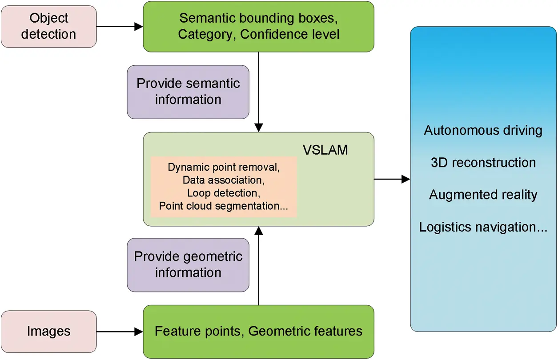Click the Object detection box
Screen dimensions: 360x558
pyautogui.click(x=48, y=26)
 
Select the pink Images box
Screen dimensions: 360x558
pyautogui.click(x=48, y=331)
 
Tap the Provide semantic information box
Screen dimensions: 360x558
pyautogui.click(x=188, y=92)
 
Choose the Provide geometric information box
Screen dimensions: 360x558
pyautogui.click(x=188, y=264)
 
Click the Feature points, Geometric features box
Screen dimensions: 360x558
pyautogui.click(x=258, y=331)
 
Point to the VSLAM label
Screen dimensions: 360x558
pyautogui.click(x=325, y=150)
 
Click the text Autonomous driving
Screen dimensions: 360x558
pyautogui.click(x=483, y=131)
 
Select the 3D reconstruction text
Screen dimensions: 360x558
pyautogui.click(x=483, y=163)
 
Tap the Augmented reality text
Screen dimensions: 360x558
pyautogui.click(x=483, y=195)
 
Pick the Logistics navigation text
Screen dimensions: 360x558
pyautogui.click(x=483, y=227)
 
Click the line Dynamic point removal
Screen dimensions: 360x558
pyautogui.click(x=224, y=168)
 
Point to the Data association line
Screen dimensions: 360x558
pyautogui.click(x=224, y=180)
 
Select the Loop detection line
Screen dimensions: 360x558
pyautogui.click(x=224, y=193)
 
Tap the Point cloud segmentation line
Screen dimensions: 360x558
pyautogui.click(x=224, y=206)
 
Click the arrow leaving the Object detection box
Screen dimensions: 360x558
pyautogui.click(x=119, y=27)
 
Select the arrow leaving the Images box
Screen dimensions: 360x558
pyautogui.click(x=119, y=331)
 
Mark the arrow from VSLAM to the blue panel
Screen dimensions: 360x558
pyautogui.click(x=392, y=179)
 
